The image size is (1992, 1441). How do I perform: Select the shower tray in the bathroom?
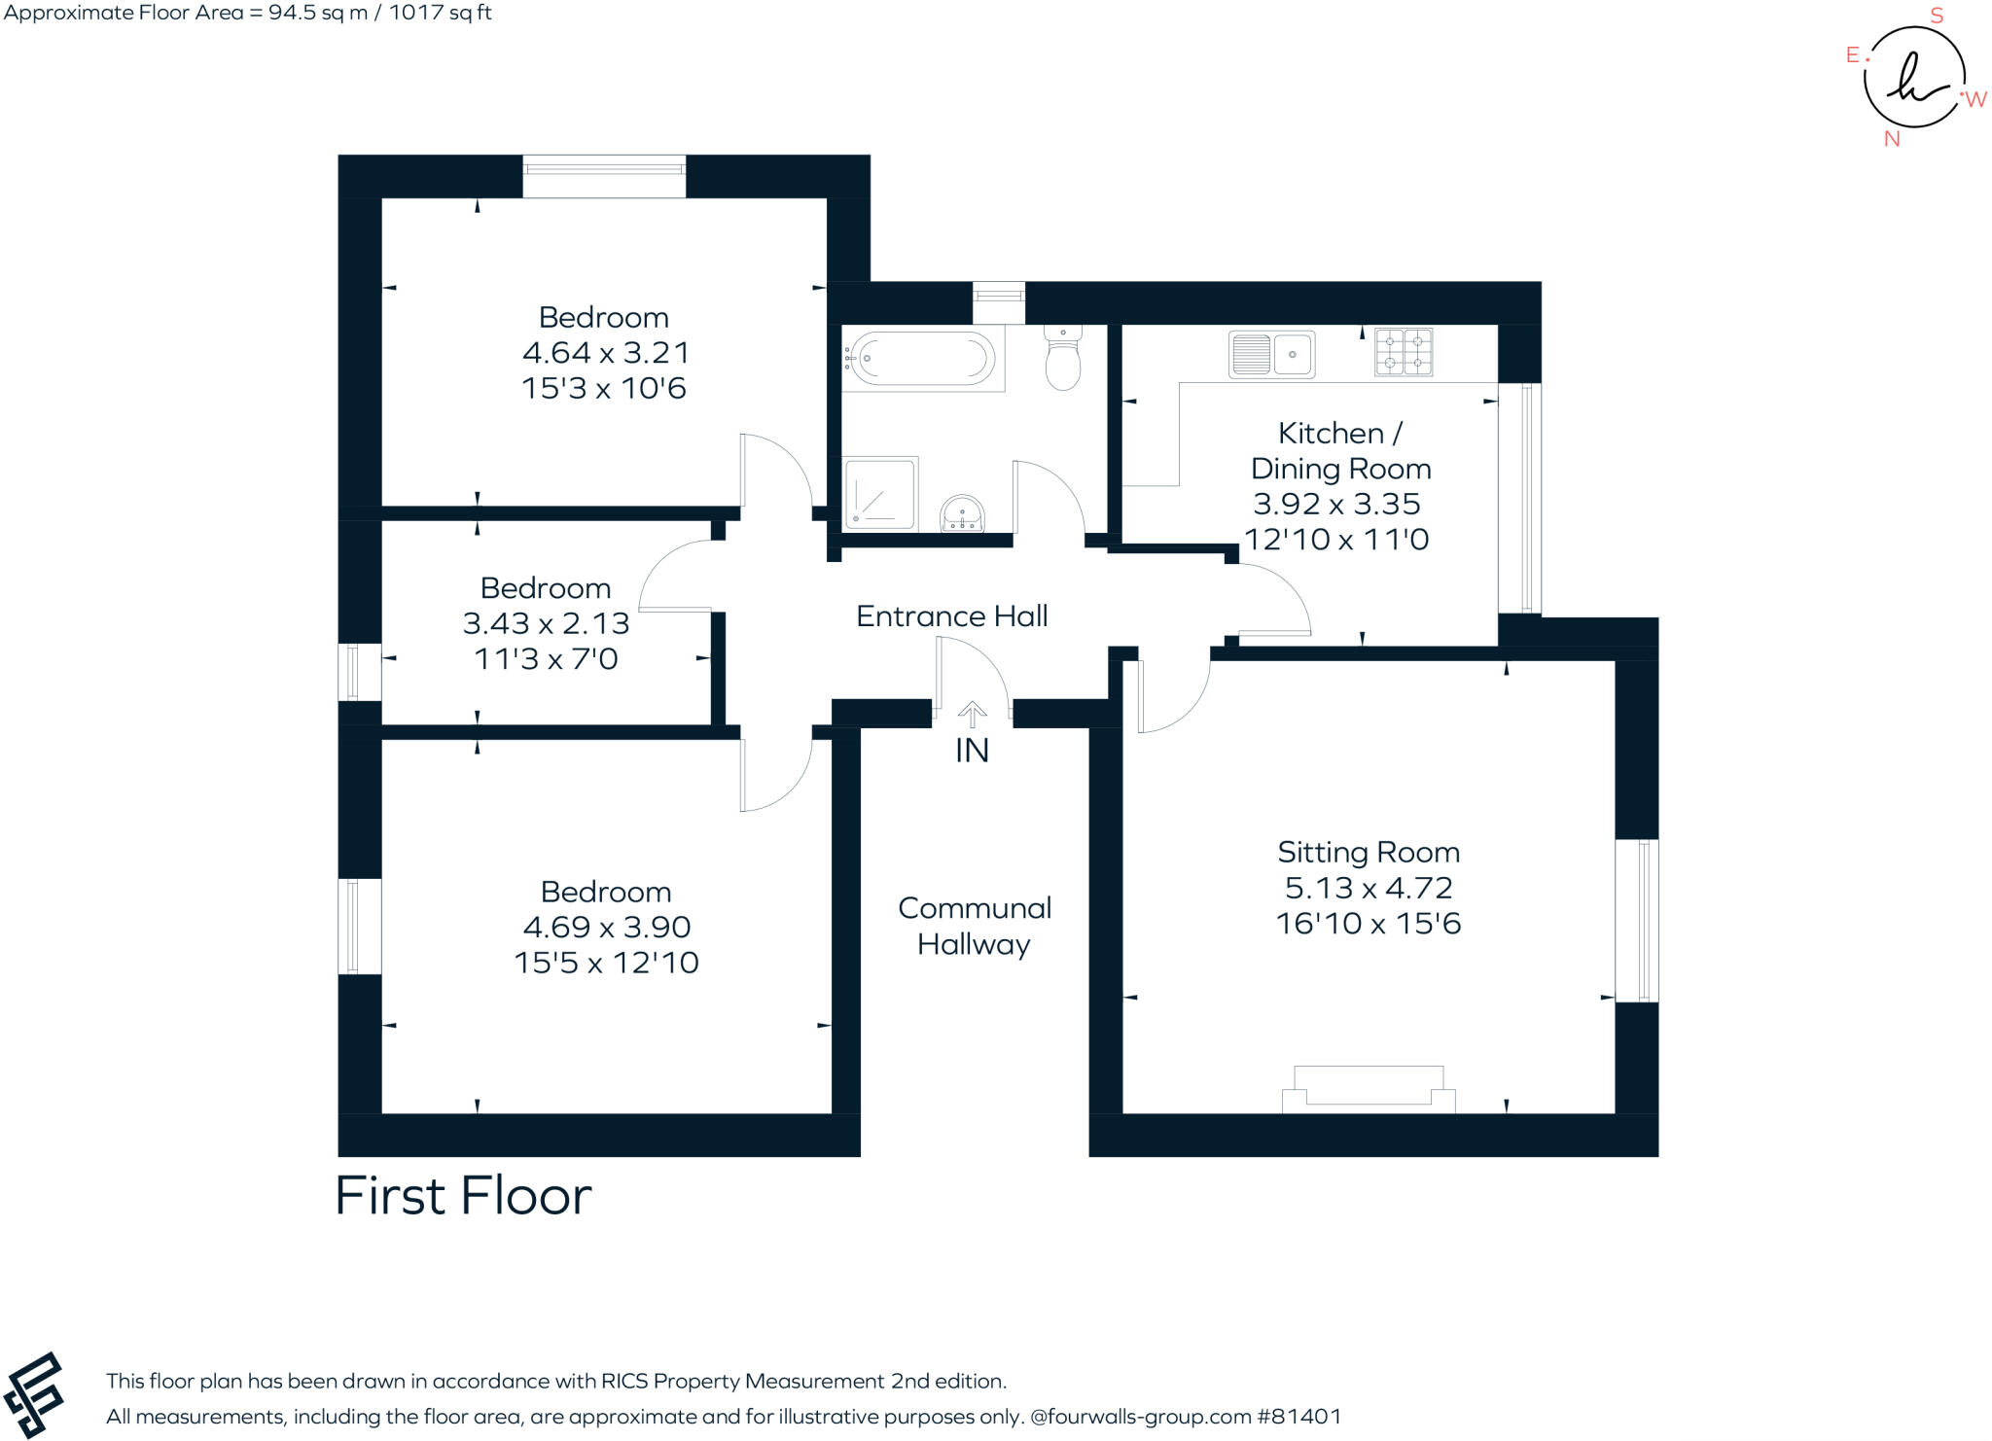point(880,494)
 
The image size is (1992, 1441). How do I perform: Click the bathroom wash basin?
point(962,514)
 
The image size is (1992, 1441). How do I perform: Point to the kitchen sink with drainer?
point(1271,354)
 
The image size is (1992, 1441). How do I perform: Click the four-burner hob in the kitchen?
point(1404,352)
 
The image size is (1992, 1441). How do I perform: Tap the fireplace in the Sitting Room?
point(1369,1089)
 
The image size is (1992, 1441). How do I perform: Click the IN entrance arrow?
point(972,716)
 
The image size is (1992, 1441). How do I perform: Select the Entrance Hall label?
point(951,616)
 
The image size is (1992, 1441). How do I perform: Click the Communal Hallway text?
point(975,926)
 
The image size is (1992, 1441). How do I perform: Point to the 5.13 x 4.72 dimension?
point(1369,888)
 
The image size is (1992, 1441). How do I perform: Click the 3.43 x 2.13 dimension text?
point(546,623)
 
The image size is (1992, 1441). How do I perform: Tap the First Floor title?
point(463,1196)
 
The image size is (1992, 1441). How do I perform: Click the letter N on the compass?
point(1892,139)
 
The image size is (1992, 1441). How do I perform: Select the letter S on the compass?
point(1937,16)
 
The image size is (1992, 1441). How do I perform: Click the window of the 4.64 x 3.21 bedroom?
point(604,176)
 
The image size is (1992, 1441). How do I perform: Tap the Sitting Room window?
point(1637,921)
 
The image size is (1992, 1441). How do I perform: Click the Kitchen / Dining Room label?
point(1340,450)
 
